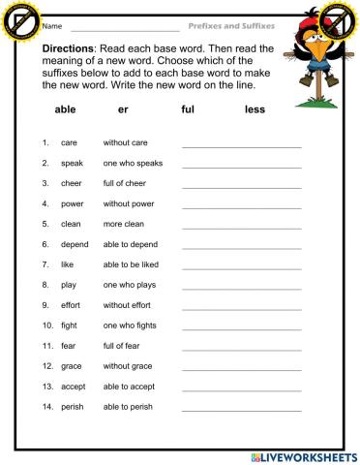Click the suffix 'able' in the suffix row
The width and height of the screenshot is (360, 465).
tap(67, 110)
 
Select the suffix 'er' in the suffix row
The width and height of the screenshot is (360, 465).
tap(122, 110)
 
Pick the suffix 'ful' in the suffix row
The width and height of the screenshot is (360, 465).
tap(188, 110)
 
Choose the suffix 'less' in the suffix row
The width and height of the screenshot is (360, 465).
tap(255, 110)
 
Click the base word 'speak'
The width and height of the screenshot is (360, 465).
tap(72, 163)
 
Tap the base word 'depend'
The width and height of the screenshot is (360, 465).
tap(75, 244)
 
